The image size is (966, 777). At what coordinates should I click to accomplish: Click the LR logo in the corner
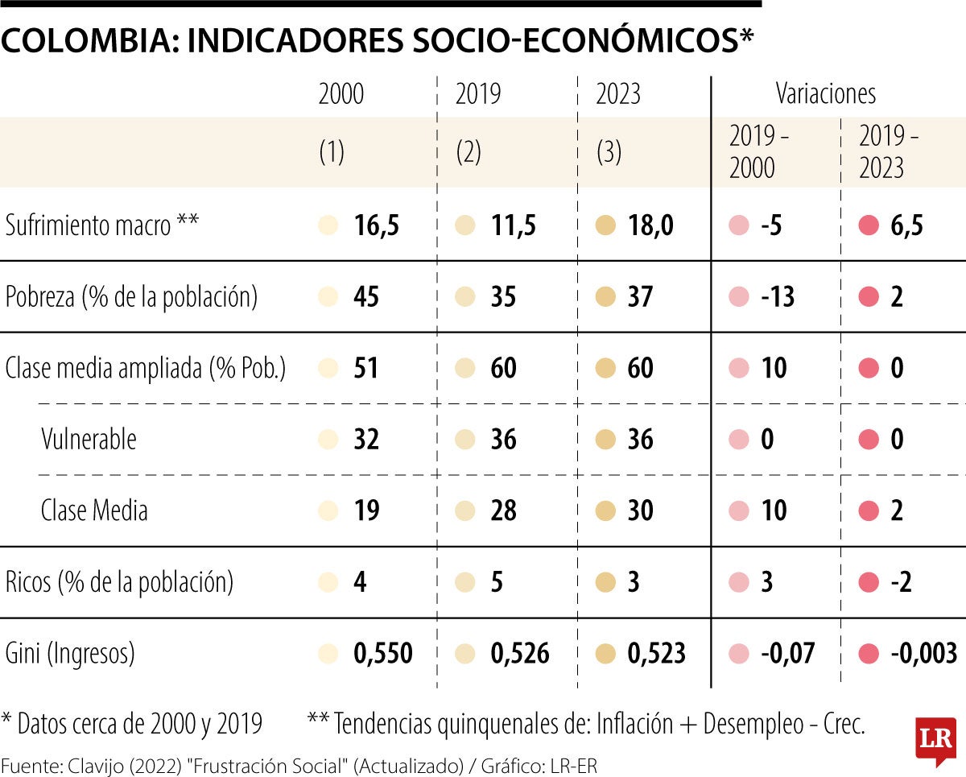point(935,738)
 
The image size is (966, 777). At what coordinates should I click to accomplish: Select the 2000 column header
point(341,94)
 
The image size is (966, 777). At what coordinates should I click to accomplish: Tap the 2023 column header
point(618,94)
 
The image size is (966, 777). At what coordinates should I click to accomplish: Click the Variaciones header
point(825,93)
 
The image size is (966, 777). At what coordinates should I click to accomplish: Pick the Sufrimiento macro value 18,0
point(650,226)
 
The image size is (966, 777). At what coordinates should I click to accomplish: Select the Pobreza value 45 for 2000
point(366,297)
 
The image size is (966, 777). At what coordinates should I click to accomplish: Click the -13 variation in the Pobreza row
point(778,297)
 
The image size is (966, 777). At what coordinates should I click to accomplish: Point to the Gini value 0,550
point(383,653)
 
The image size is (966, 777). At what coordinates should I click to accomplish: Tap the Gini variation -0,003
point(924,653)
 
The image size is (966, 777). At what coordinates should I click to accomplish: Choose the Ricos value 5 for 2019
point(497,582)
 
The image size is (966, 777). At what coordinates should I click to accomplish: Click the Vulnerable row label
point(89,440)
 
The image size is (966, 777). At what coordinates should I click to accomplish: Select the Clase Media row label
point(94,510)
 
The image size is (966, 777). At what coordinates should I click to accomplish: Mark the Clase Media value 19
point(366,510)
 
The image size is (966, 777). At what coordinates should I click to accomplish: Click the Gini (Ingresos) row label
point(70,653)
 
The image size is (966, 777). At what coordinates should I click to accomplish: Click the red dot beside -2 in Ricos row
point(869,582)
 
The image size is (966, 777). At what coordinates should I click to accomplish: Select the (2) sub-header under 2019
point(469,152)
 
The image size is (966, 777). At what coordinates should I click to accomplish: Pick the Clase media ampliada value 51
point(366,369)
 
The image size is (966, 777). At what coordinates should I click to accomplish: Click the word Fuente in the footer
point(26,766)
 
